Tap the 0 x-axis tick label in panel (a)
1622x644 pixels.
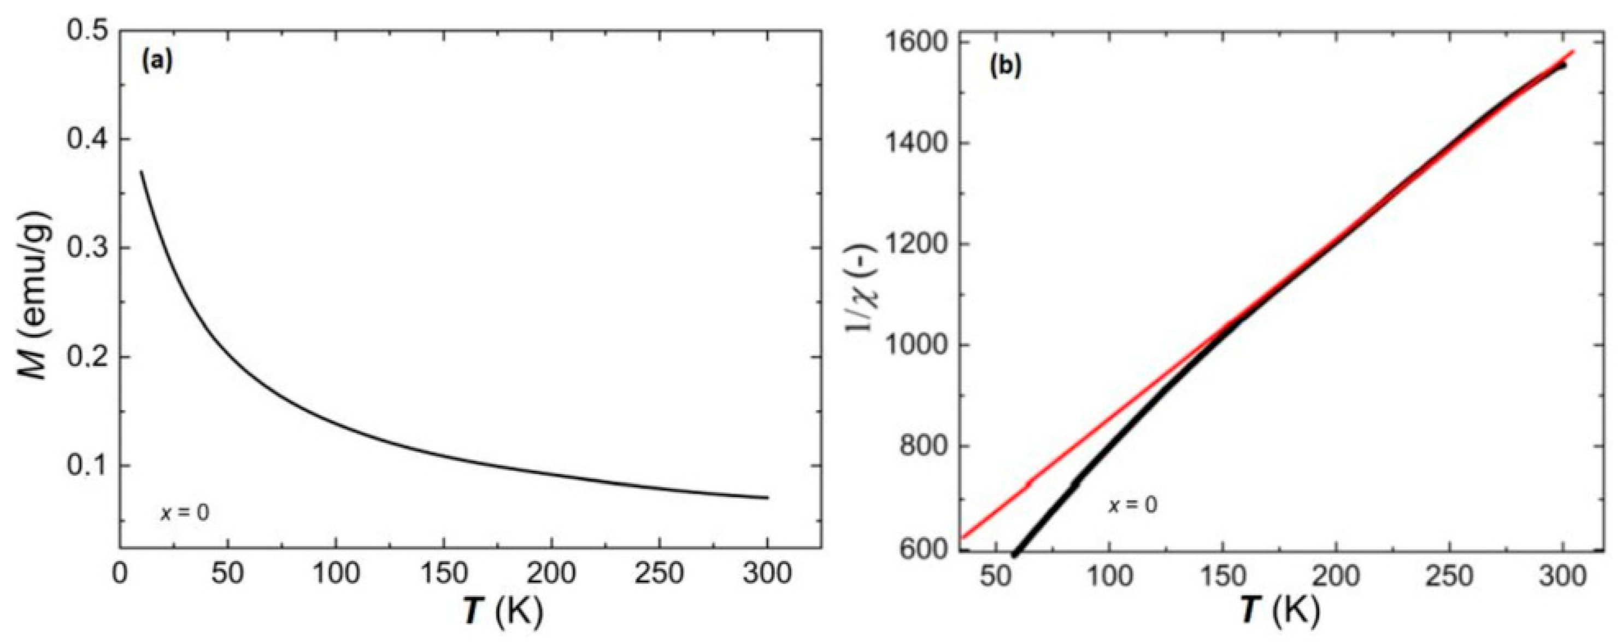pyautogui.click(x=120, y=574)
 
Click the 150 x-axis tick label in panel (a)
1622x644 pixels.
pyautogui.click(x=443, y=574)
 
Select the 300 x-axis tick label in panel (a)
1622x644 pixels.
pyautogui.click(x=767, y=574)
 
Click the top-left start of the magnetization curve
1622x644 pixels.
pyautogui.click(x=142, y=172)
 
